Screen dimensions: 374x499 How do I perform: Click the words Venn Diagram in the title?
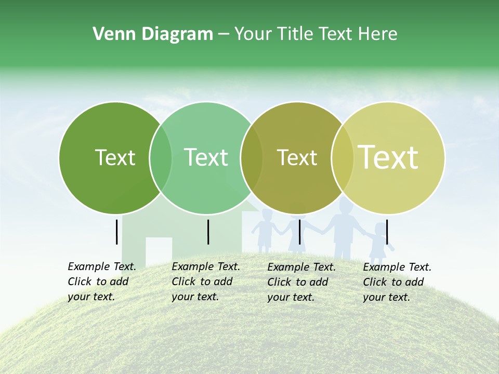(x=152, y=34)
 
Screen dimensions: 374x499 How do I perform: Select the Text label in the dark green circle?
(x=115, y=157)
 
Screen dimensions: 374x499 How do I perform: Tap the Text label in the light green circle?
(x=206, y=157)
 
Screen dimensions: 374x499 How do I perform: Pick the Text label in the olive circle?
(x=297, y=157)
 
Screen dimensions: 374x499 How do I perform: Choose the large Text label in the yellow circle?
(x=388, y=157)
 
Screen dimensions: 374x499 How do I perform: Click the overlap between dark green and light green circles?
(x=161, y=158)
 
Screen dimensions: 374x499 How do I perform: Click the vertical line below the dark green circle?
(x=117, y=232)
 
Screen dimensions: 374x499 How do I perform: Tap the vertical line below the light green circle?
(x=208, y=232)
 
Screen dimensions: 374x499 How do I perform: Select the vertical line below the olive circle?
(x=299, y=232)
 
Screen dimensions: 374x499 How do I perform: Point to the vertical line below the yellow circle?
(x=387, y=232)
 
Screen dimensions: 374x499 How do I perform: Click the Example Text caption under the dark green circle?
(x=101, y=282)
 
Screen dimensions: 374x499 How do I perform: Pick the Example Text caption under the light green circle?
(x=205, y=282)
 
